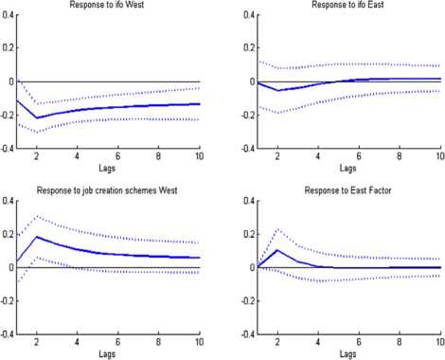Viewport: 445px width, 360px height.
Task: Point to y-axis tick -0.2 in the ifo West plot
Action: pos(8,116)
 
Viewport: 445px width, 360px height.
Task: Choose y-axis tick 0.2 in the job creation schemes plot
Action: pos(9,234)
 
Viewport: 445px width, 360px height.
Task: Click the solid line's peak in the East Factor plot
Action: pos(277,250)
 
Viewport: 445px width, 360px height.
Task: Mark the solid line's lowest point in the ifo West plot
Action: pos(37,117)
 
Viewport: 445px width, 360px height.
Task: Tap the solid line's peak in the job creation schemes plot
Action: pos(37,237)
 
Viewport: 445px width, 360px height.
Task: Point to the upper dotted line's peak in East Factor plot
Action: pos(277,228)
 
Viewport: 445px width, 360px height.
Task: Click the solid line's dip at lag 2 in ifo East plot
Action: pos(277,90)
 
